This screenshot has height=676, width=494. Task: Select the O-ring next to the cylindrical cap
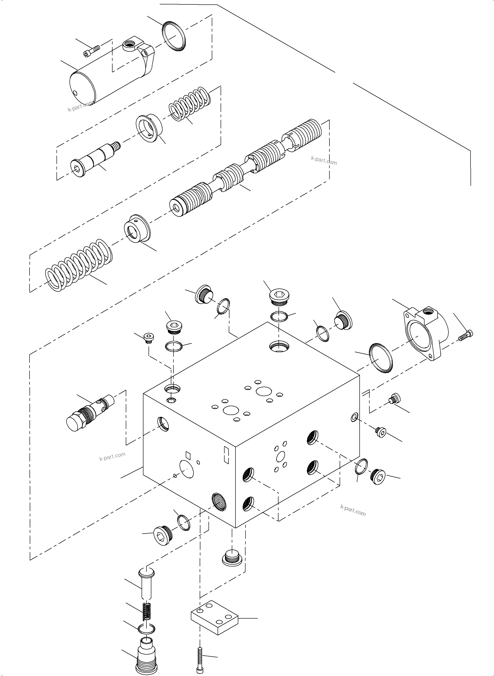(x=174, y=36)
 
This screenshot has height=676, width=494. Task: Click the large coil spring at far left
(x=79, y=265)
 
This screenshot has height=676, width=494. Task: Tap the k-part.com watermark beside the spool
(x=324, y=161)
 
